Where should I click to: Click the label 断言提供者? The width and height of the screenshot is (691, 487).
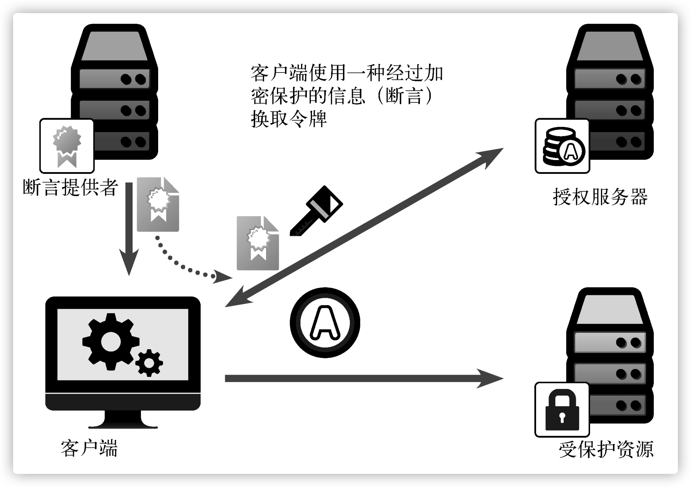pyautogui.click(x=70, y=187)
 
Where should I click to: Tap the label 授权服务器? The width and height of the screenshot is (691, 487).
pyautogui.click(x=600, y=197)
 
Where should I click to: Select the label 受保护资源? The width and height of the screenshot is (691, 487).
pyautogui.click(x=606, y=449)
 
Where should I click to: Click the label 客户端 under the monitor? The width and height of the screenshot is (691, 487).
pyautogui.click(x=89, y=448)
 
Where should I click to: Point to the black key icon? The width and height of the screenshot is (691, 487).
pyautogui.click(x=316, y=211)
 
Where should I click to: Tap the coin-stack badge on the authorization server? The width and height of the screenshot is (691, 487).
pyautogui.click(x=562, y=146)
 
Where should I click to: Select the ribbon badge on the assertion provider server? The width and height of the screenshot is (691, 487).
pyautogui.click(x=67, y=146)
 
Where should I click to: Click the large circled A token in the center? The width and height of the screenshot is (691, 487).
pyautogui.click(x=325, y=323)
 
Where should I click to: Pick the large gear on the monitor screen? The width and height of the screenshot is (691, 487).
pyautogui.click(x=110, y=341)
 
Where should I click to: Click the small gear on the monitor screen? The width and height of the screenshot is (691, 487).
pyautogui.click(x=149, y=363)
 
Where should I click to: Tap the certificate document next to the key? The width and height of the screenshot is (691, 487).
pyautogui.click(x=258, y=243)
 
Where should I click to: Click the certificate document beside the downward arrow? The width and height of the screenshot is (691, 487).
pyautogui.click(x=158, y=204)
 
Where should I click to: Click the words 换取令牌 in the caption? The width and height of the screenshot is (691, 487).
pyautogui.click(x=289, y=119)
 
